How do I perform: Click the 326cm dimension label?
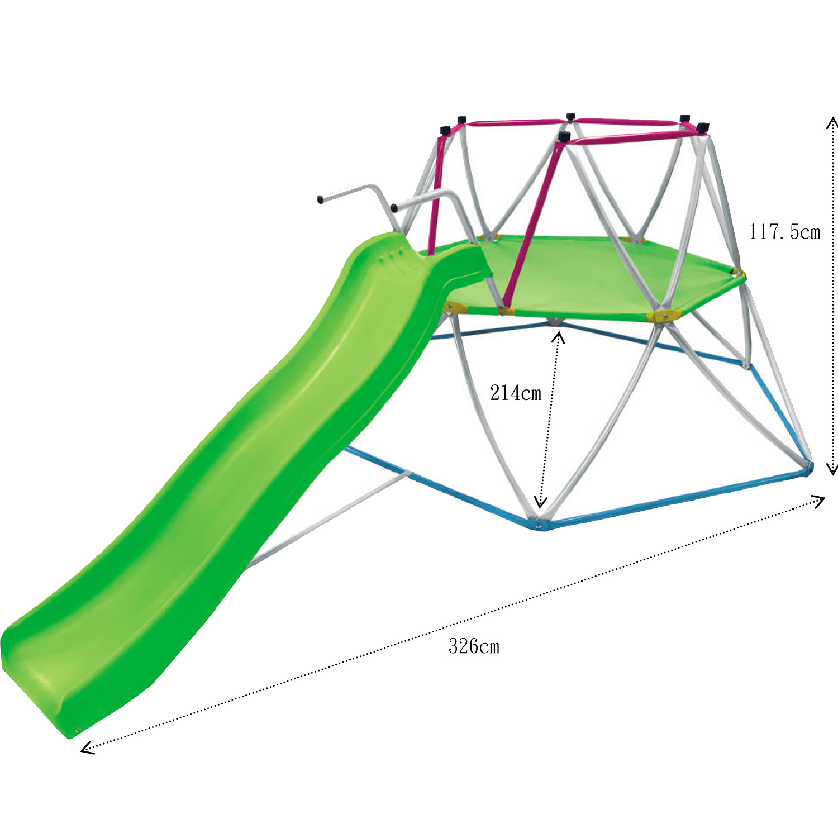[x=474, y=646]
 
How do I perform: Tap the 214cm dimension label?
[x=516, y=393]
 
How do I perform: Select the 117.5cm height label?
[x=784, y=231]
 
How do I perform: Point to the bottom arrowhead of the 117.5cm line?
[x=832, y=469]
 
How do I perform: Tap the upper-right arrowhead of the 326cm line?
[x=819, y=500]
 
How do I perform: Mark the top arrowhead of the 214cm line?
[x=558, y=336]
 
